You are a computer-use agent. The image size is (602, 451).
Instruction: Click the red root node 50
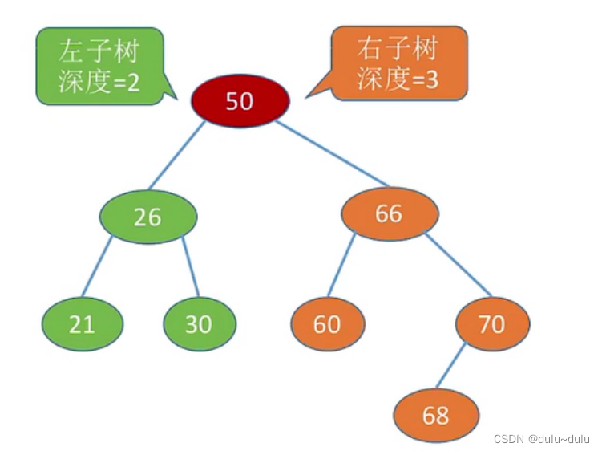(x=239, y=101)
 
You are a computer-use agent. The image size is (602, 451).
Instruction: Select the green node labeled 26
(x=148, y=217)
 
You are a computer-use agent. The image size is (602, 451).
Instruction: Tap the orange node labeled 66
(x=390, y=213)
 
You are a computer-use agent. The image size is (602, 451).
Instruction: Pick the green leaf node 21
(x=82, y=323)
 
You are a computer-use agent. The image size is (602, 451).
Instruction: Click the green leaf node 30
(x=199, y=323)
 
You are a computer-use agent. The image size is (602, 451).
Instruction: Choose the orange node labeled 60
(x=327, y=323)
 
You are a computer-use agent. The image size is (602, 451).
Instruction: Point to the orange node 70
(x=492, y=323)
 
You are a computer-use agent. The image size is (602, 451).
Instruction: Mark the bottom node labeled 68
(x=436, y=416)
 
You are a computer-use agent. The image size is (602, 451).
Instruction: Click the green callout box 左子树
(x=99, y=66)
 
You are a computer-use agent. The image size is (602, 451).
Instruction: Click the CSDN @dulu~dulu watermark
(x=541, y=439)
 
